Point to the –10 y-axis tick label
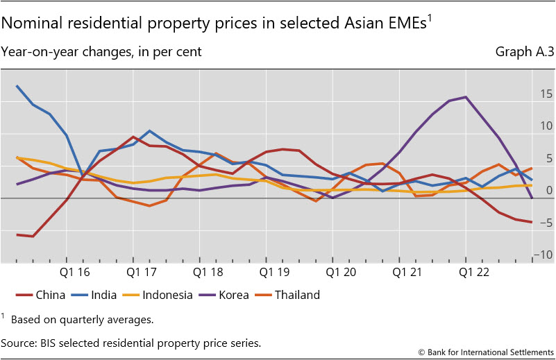(544, 255)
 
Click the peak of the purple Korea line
(465, 97)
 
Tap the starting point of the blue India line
(17, 86)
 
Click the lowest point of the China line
(33, 237)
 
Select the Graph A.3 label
(524, 52)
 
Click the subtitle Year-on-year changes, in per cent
(101, 52)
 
